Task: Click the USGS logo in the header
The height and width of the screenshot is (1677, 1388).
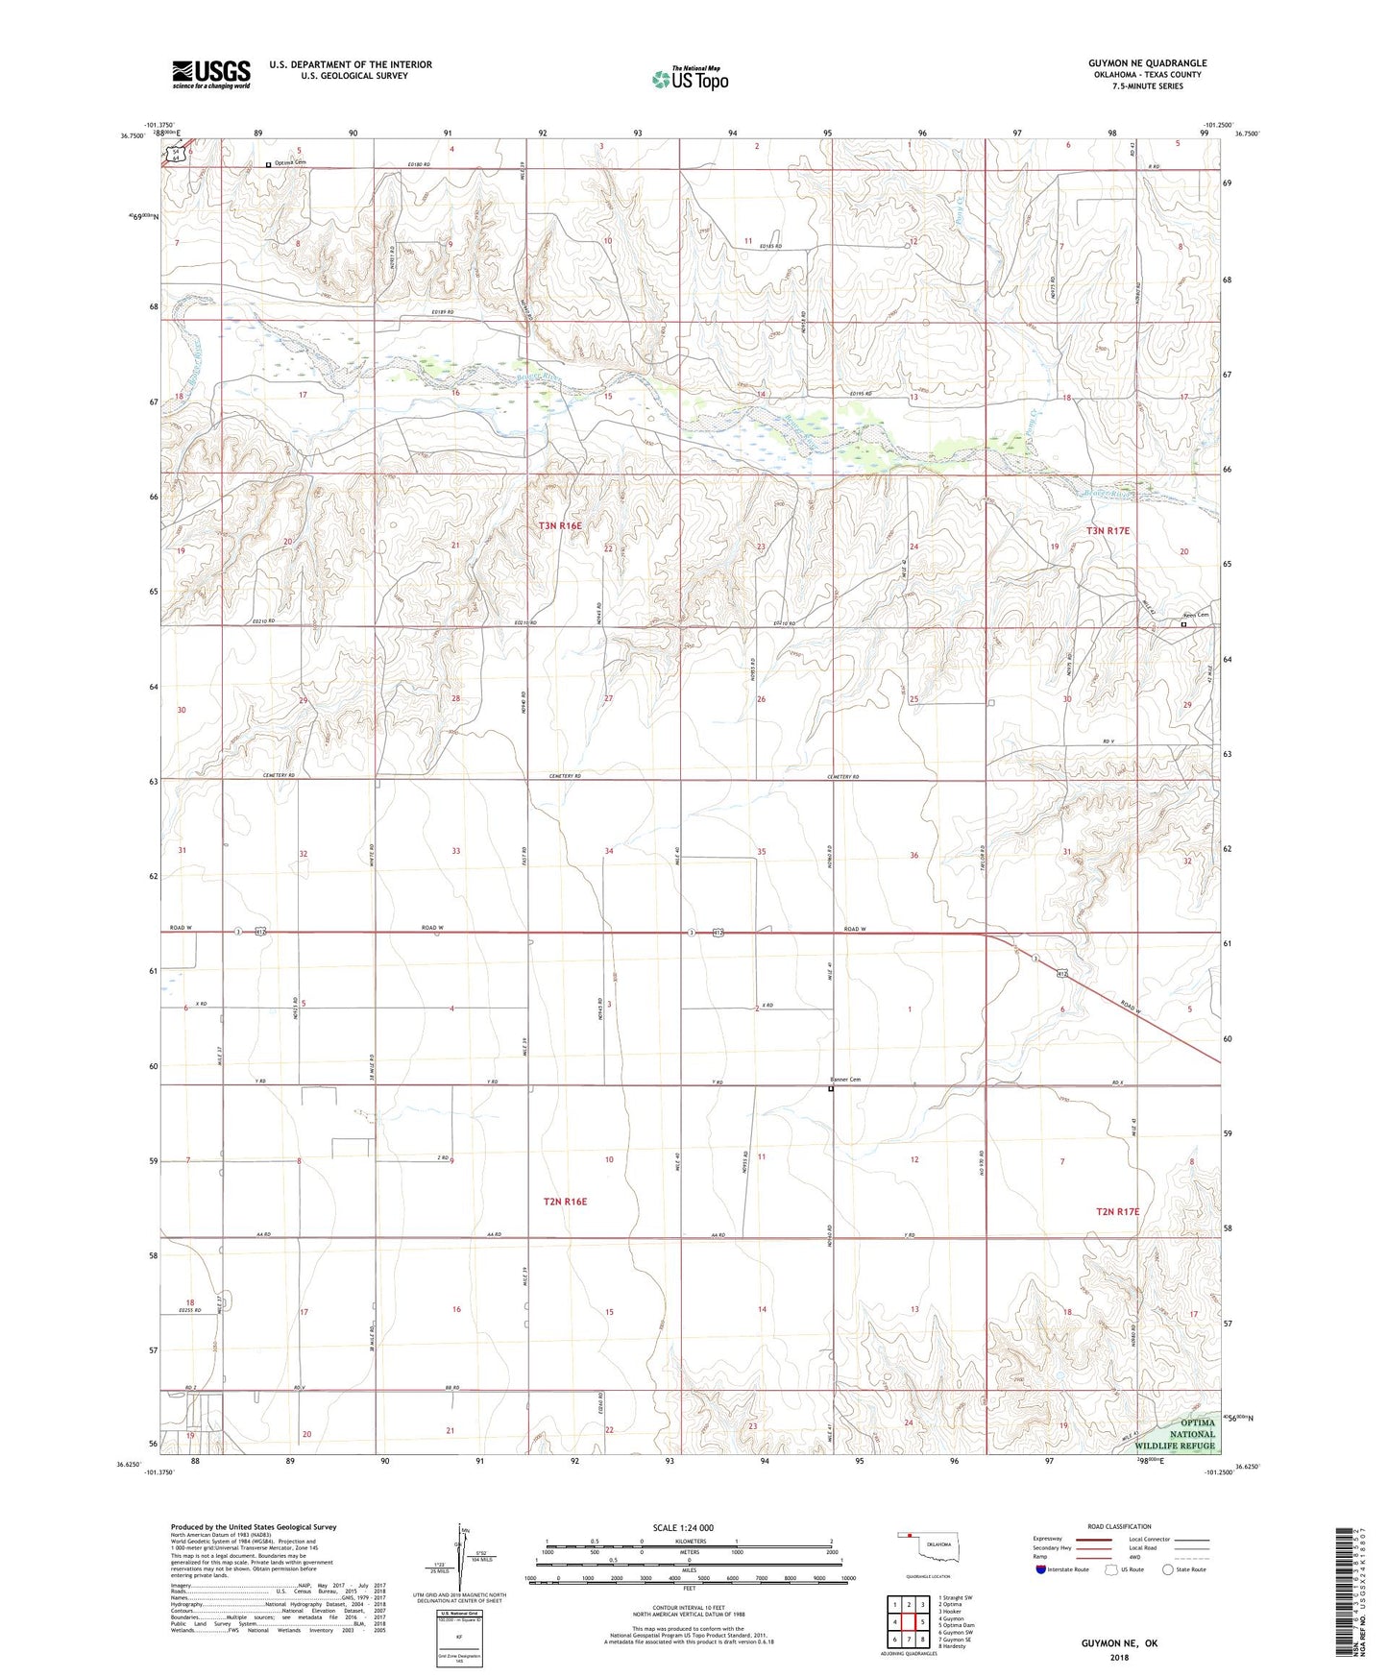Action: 211,73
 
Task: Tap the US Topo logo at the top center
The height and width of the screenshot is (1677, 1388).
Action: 690,79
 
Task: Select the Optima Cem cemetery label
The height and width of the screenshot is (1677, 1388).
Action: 289,162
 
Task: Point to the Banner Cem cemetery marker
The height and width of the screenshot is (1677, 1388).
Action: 831,1088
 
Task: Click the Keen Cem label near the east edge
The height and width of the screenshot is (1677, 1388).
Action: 1195,615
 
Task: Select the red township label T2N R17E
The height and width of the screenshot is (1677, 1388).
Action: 1118,1212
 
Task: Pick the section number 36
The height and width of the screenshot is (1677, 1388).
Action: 913,855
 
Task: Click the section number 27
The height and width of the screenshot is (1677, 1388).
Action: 608,698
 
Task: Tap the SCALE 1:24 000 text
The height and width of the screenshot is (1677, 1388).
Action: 683,1528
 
